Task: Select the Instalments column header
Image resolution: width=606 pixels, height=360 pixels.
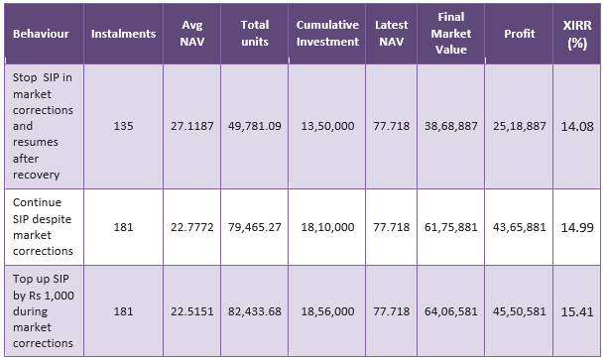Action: pos(123,34)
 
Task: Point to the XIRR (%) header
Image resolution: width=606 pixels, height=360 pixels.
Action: pos(576,34)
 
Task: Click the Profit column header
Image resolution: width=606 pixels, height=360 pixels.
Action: pos(519,34)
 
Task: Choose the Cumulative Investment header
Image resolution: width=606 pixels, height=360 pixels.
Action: pos(327,34)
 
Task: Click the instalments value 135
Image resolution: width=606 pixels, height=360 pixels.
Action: pos(123,127)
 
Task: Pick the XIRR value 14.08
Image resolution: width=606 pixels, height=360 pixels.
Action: pos(576,126)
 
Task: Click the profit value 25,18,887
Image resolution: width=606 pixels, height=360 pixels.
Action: pos(519,127)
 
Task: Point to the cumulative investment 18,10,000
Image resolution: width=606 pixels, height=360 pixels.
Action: pos(327,227)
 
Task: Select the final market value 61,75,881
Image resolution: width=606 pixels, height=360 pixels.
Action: pos(450,227)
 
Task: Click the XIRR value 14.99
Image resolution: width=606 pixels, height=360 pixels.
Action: pos(576,226)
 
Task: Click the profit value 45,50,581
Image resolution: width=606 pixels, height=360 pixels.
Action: pos(519,311)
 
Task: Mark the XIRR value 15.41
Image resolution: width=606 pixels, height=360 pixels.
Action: pos(576,310)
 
